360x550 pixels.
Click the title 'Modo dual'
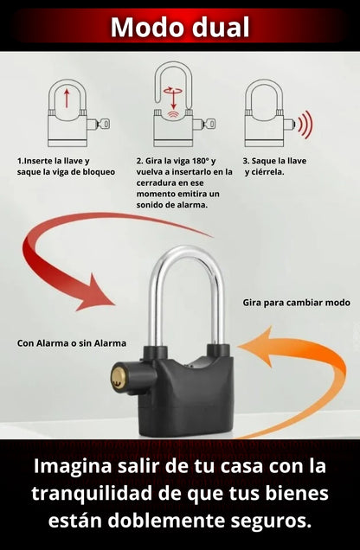point(180,27)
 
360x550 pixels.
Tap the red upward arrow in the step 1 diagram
point(67,99)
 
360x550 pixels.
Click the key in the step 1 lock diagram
point(104,124)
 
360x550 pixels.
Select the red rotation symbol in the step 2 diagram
point(172,91)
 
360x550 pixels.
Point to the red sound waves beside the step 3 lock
point(305,125)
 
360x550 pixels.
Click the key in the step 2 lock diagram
point(209,124)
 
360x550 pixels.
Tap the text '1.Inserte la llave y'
point(54,161)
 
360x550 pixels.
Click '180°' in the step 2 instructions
point(201,161)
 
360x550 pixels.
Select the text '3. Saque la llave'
point(274,161)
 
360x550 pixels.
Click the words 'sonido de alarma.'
point(172,205)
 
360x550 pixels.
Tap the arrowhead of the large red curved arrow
point(94,293)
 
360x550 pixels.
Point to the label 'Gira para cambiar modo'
point(297,303)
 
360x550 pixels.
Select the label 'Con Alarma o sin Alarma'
point(72,343)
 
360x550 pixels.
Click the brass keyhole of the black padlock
point(119,377)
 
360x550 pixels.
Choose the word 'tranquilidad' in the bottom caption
point(92,494)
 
